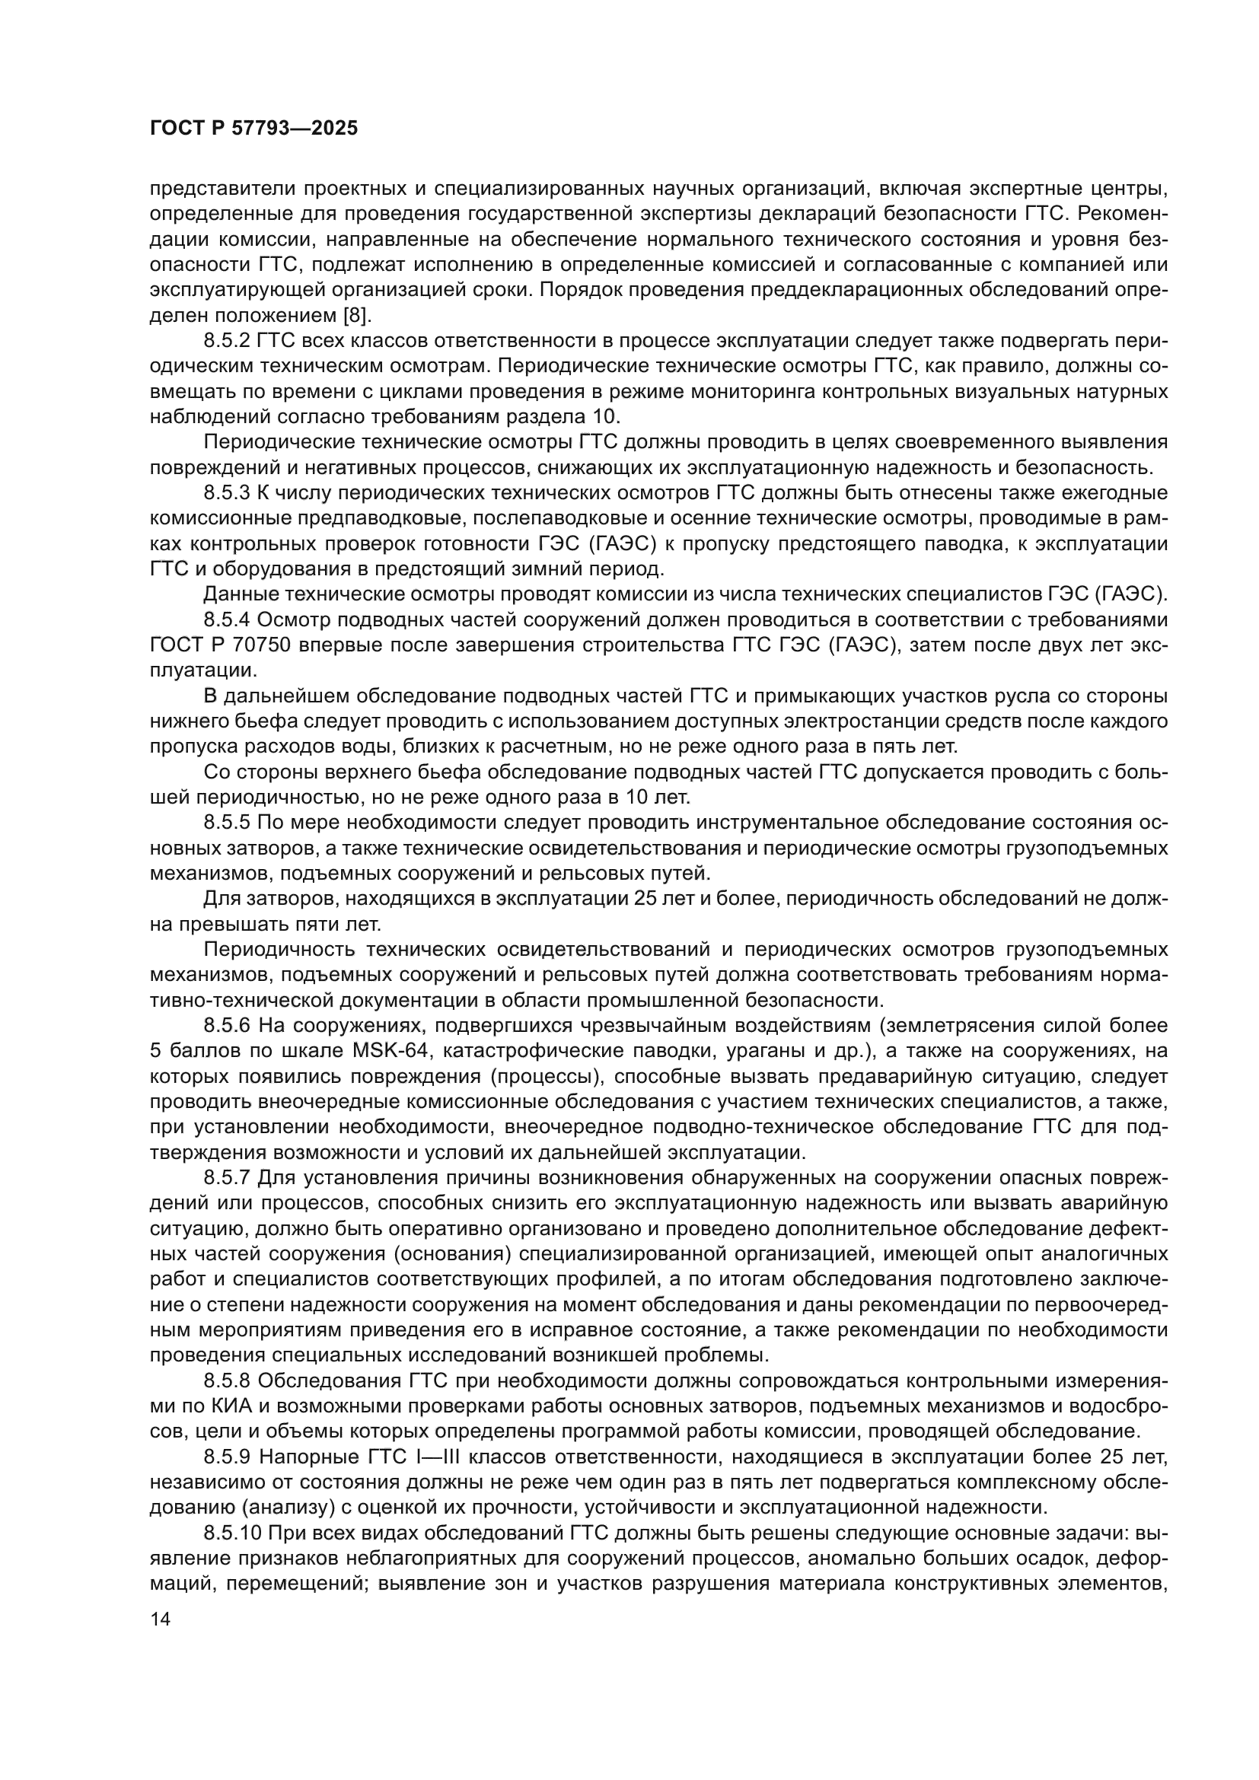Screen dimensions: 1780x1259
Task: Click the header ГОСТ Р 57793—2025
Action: pyautogui.click(x=253, y=129)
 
